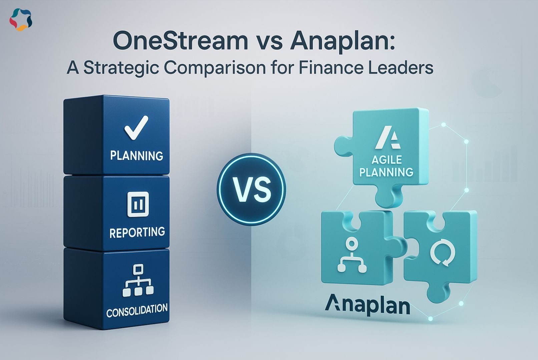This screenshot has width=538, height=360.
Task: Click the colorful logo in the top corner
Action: tap(21, 20)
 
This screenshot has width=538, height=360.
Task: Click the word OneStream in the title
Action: tap(180, 42)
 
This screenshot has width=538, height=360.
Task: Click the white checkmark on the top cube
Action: tap(136, 128)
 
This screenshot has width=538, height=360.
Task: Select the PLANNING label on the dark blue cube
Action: tap(137, 156)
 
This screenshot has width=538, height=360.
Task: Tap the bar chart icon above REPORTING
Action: tap(138, 204)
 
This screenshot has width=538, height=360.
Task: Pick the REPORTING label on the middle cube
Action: tap(137, 232)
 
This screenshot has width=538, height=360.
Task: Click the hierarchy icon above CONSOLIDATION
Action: tap(138, 280)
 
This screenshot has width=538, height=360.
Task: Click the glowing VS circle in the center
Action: tap(251, 189)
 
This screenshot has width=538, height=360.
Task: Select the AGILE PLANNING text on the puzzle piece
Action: tap(386, 166)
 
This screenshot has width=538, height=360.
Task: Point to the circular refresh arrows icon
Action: tap(442, 254)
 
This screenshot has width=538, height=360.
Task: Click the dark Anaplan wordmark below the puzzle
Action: tap(368, 306)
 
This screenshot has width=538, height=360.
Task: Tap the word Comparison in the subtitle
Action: tap(215, 68)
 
